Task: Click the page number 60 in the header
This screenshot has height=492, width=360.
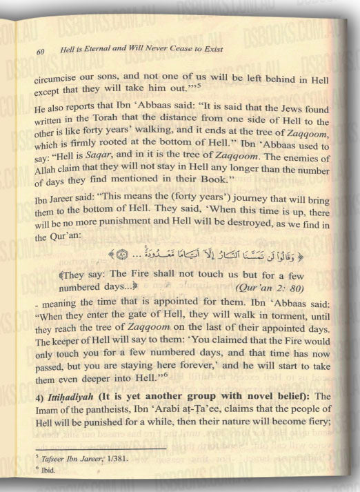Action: tap(39, 51)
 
